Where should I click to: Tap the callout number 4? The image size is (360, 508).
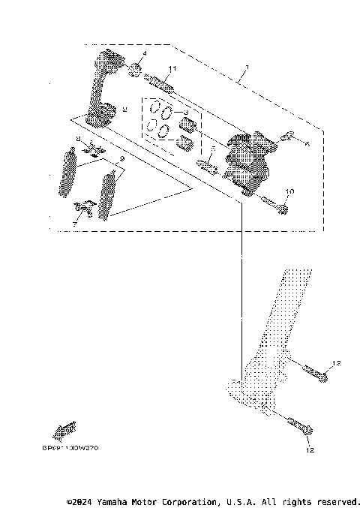144,54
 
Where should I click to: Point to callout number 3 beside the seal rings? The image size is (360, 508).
186,111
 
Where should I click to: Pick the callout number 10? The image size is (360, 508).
290,192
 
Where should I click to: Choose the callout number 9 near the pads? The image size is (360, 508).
121,160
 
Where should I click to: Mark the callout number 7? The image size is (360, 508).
74,224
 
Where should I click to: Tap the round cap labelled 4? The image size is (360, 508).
136,70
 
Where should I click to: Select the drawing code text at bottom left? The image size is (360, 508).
65,447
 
